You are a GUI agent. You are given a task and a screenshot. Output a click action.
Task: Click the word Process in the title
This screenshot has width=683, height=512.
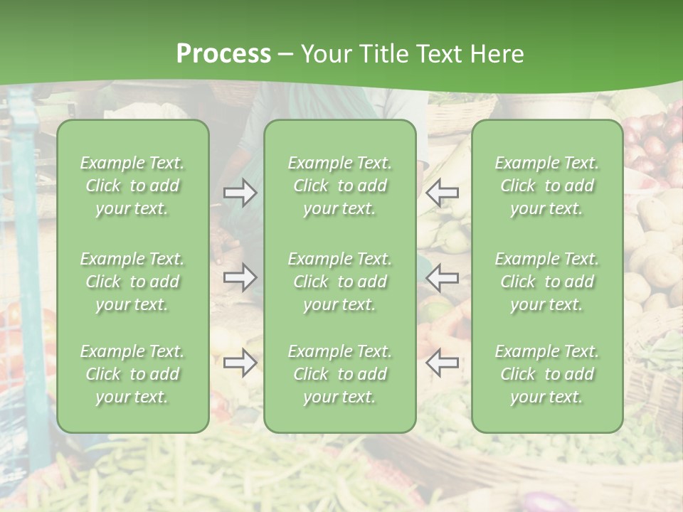pyautogui.click(x=223, y=54)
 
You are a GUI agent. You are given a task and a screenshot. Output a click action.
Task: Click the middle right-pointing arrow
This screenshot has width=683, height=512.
pyautogui.click(x=240, y=277)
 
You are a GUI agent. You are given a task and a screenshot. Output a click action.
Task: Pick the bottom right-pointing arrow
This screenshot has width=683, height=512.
pyautogui.click(x=240, y=363)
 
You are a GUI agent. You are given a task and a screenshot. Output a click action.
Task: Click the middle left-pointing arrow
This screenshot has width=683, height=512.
pyautogui.click(x=442, y=277)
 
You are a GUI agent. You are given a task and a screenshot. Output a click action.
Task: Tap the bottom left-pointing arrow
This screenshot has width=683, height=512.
pyautogui.click(x=442, y=363)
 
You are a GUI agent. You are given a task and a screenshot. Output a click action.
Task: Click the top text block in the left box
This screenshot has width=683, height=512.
pyautogui.click(x=132, y=186)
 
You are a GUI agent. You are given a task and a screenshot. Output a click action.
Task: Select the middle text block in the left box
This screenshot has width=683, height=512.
pyautogui.click(x=132, y=282)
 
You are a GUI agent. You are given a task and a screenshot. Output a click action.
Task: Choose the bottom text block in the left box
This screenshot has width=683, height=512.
pyautogui.click(x=132, y=374)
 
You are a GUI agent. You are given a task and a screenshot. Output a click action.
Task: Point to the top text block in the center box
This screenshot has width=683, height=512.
pyautogui.click(x=339, y=186)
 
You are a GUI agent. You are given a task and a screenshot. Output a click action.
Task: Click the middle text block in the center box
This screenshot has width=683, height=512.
pyautogui.click(x=339, y=282)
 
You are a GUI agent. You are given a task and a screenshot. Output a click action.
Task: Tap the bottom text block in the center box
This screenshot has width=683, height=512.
pyautogui.click(x=339, y=374)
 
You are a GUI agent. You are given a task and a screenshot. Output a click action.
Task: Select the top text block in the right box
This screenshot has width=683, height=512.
pyautogui.click(x=546, y=186)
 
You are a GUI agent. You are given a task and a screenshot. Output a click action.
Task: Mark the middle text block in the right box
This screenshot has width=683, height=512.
pyautogui.click(x=546, y=282)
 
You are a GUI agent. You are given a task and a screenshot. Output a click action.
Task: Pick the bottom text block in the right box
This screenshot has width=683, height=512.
pyautogui.click(x=546, y=374)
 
